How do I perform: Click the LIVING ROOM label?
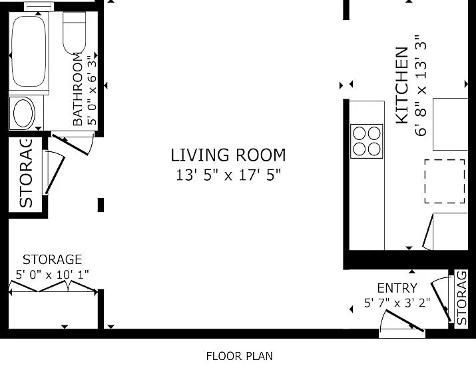coord(228,155)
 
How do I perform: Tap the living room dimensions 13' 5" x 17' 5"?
coord(228,175)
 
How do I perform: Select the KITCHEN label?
coord(402,85)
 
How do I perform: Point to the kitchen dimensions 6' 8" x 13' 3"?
coord(421,85)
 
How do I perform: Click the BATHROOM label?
coord(78,89)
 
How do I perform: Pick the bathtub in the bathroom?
coord(29,51)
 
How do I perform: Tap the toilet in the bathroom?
coord(74,33)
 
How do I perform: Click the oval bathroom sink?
coord(23,113)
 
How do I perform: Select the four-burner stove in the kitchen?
coord(366,141)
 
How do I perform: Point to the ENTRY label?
coord(397,288)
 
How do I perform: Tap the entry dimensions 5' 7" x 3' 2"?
coord(397,303)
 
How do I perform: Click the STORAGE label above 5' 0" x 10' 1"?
coord(52,259)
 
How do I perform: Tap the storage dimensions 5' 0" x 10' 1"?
coord(52,275)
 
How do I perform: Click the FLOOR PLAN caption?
coord(239,356)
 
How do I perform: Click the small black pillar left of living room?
coord(101,205)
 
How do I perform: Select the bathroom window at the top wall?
coord(39,7)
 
